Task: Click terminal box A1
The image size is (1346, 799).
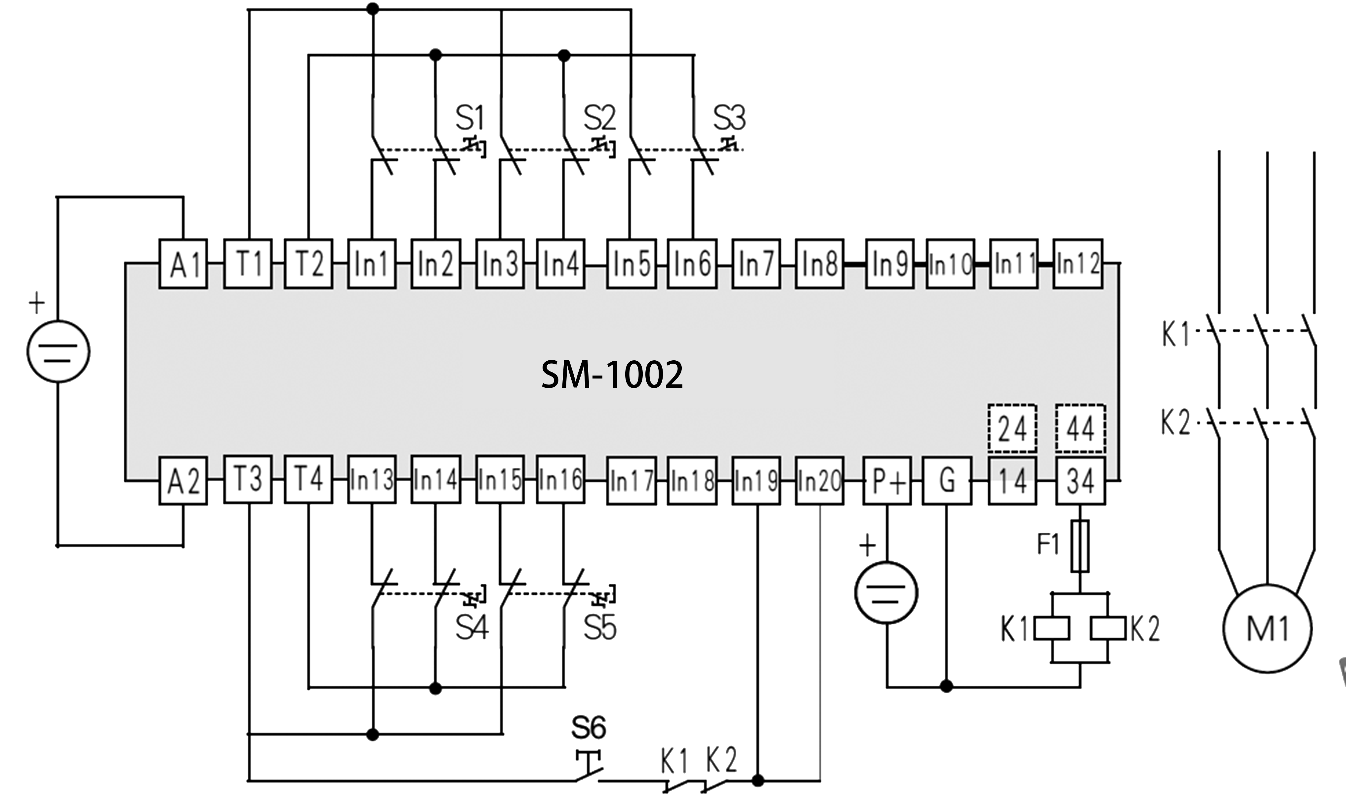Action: click(183, 264)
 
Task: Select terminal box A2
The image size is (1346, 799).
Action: click(183, 480)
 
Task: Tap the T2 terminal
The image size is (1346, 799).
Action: click(308, 264)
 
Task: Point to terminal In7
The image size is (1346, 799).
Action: click(756, 264)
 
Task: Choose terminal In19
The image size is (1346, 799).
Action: click(756, 480)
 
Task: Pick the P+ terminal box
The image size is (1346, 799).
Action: click(887, 480)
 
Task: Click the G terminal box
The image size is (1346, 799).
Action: click(947, 480)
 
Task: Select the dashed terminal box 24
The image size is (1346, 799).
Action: click(1012, 428)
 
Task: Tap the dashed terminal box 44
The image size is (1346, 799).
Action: click(1080, 428)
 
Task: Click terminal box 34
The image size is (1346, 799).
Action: click(1080, 480)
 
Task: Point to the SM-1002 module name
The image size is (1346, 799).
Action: click(612, 375)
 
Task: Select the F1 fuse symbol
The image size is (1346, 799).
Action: click(1080, 545)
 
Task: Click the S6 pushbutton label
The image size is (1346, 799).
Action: click(589, 728)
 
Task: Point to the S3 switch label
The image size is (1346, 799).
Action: click(729, 118)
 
